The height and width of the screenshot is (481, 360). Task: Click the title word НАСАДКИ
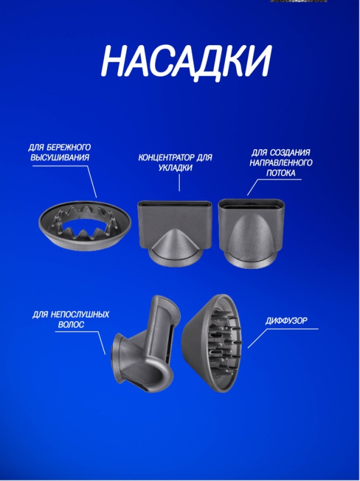186,61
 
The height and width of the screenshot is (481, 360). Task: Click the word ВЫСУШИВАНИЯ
59,158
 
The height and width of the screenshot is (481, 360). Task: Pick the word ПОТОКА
280,173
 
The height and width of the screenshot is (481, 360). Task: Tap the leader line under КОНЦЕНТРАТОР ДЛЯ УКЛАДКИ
180,182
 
